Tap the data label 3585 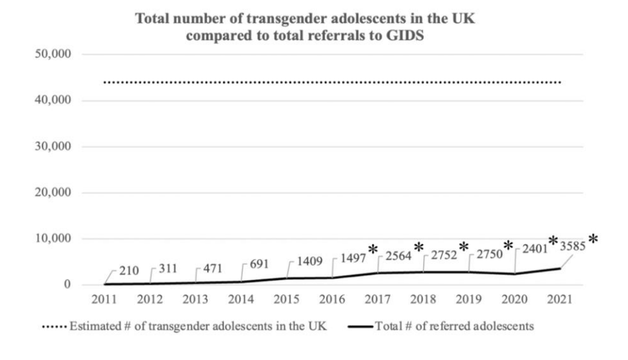click(x=572, y=246)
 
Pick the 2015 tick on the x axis click(x=286, y=300)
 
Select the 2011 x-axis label click(x=104, y=300)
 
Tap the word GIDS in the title click(x=415, y=35)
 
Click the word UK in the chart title click(x=469, y=19)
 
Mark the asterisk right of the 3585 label click(x=592, y=240)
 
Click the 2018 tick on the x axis click(x=423, y=300)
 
